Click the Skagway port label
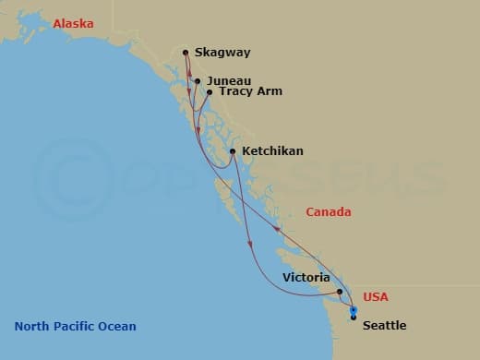(x=222, y=53)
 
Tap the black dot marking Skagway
(x=186, y=53)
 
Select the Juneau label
(x=229, y=81)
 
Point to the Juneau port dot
(x=198, y=81)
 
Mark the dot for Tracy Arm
(x=210, y=92)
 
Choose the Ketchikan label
(x=272, y=151)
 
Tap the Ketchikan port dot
(x=233, y=151)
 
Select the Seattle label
(x=383, y=326)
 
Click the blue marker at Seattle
(x=354, y=310)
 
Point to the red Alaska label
(x=73, y=24)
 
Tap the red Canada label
(x=329, y=212)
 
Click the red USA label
(x=376, y=297)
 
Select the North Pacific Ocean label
(x=75, y=326)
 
